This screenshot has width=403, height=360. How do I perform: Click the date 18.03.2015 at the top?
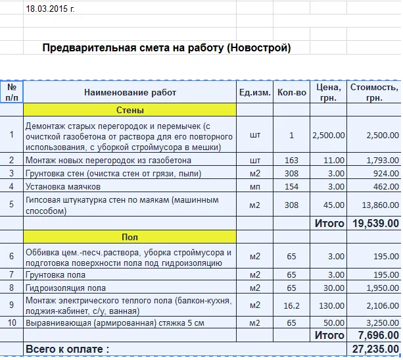[50, 9]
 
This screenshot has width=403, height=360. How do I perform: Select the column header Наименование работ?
[130, 93]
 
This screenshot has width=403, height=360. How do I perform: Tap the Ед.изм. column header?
[254, 93]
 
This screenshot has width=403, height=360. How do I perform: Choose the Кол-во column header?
[291, 93]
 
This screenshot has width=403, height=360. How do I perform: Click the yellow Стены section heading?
[130, 110]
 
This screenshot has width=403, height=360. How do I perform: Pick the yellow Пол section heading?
[130, 237]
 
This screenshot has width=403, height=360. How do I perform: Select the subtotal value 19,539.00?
[375, 223]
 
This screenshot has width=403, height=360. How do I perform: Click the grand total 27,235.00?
[375, 349]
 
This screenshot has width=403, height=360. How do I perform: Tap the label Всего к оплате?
[67, 349]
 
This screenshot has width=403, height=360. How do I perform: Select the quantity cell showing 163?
[291, 160]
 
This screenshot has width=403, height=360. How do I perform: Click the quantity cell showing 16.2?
[291, 305]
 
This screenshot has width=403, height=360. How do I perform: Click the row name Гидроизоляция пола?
[65, 288]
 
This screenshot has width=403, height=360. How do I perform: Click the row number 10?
[12, 323]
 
